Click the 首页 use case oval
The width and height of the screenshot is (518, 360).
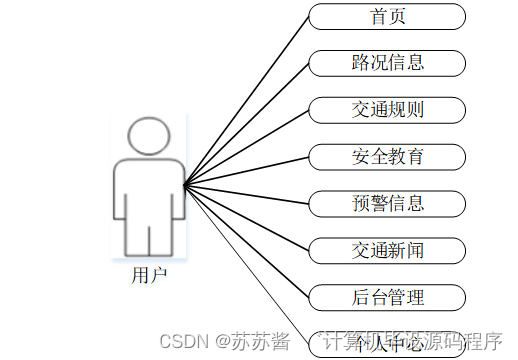click(387, 16)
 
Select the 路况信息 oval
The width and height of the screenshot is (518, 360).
click(387, 62)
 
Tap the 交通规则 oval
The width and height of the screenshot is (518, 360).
click(387, 109)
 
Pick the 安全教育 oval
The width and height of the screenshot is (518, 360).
click(387, 156)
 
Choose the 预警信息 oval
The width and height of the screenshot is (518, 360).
click(387, 203)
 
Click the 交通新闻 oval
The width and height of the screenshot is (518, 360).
click(387, 250)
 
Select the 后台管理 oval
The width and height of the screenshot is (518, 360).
click(387, 297)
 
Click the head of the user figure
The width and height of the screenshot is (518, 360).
click(149, 136)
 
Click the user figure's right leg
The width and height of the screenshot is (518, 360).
click(167, 237)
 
